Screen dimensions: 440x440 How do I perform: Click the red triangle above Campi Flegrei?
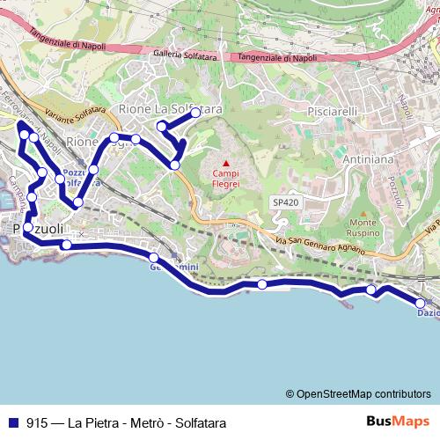(226, 163)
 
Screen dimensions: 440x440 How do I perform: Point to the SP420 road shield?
(284, 202)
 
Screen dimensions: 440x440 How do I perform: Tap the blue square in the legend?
(12, 422)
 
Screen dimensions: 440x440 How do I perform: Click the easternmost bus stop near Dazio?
(421, 304)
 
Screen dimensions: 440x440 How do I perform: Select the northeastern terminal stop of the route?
(195, 114)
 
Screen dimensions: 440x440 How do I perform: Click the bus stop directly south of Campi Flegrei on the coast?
(261, 283)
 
